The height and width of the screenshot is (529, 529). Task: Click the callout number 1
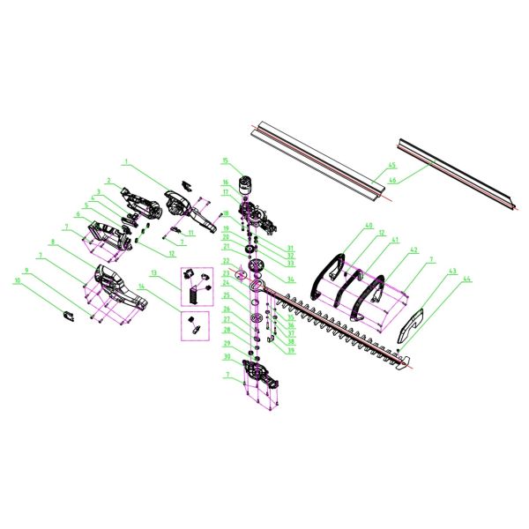[x=126, y=162]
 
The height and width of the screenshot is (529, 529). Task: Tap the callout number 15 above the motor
[x=225, y=160]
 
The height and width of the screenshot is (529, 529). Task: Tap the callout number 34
[x=290, y=279]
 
